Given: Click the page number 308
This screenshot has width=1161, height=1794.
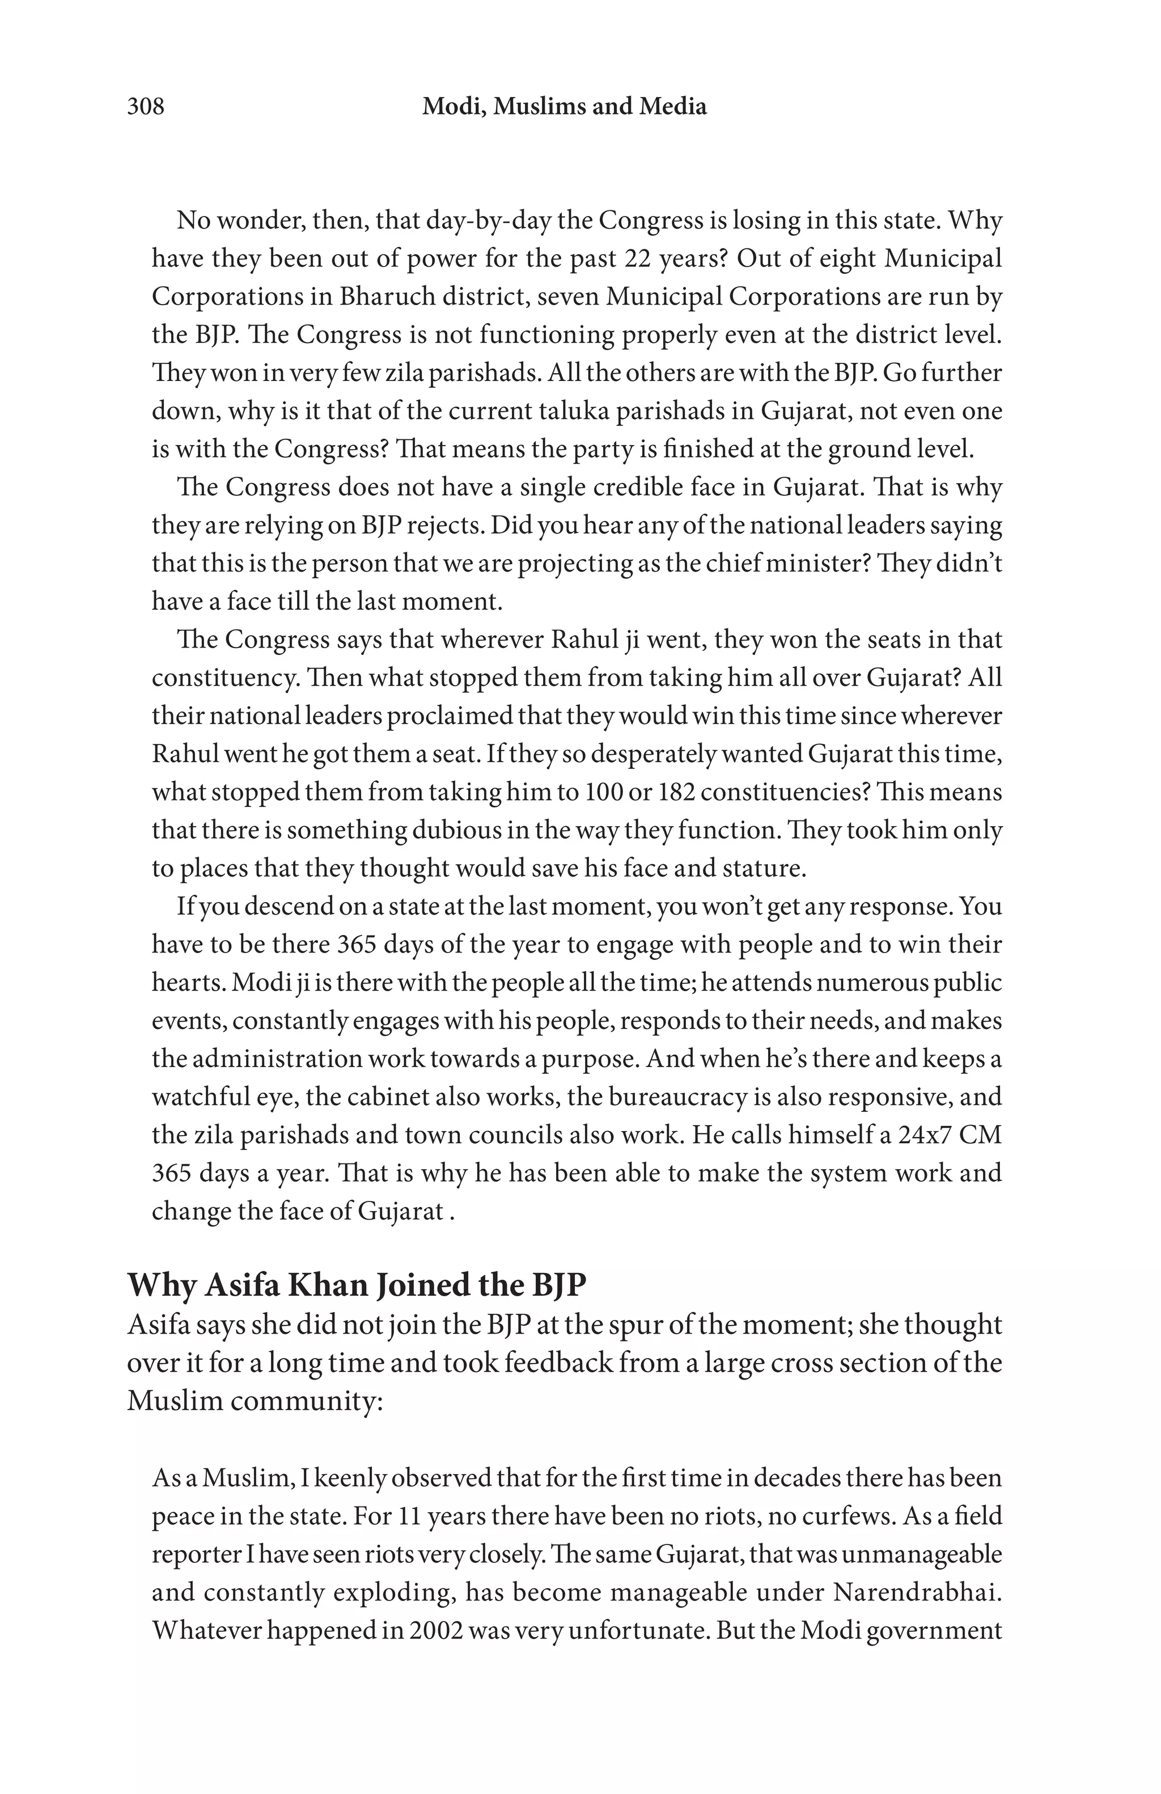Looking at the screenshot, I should coord(145,106).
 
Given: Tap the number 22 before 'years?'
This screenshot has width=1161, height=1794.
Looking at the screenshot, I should coord(639,259).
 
